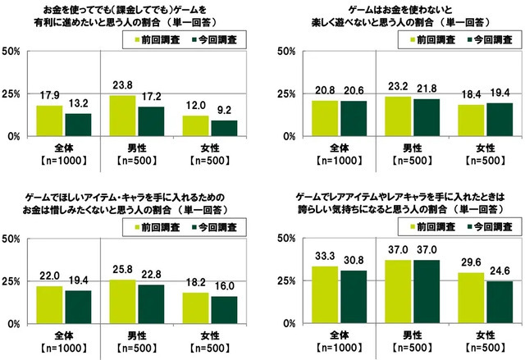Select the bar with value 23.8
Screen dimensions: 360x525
pyautogui.click(x=122, y=116)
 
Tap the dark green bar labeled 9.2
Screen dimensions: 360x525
pyautogui.click(x=223, y=128)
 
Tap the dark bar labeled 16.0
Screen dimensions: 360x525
pyautogui.click(x=223, y=310)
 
